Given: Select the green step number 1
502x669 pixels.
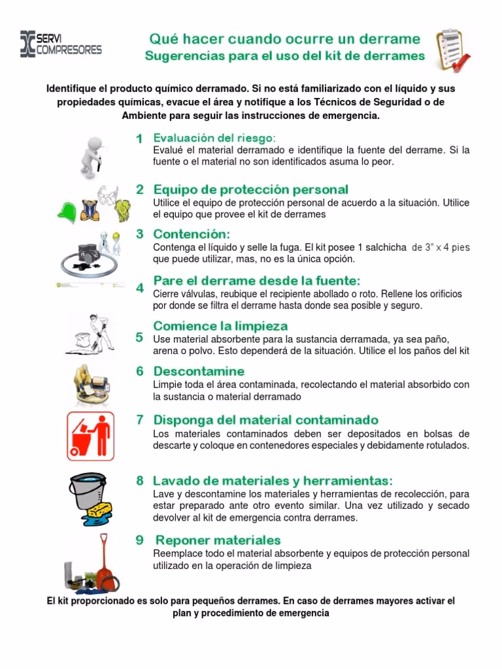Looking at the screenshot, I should (139, 139).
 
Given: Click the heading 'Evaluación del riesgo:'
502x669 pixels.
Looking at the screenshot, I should (214, 138).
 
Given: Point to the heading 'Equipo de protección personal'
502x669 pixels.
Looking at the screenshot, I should (250, 189).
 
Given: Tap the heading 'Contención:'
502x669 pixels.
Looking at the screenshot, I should (192, 234).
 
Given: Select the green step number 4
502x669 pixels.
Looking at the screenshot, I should (139, 287).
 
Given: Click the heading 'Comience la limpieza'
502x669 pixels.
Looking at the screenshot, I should (220, 325).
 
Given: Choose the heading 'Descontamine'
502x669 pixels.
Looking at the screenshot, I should (199, 371).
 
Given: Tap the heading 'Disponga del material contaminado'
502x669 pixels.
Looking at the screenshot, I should (265, 419).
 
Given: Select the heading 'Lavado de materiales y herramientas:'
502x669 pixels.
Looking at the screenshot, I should (273, 480).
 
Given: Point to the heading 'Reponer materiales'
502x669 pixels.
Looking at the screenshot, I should (218, 540).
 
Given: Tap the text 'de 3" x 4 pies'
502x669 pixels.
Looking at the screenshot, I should (441, 248).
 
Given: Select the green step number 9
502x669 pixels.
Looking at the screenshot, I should (139, 540).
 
